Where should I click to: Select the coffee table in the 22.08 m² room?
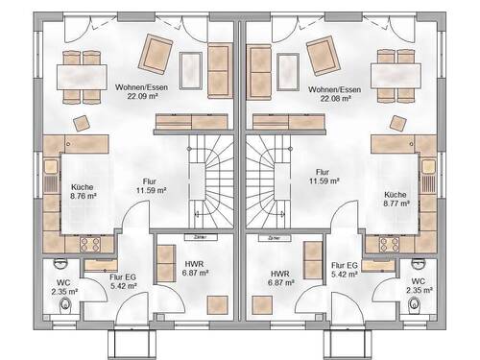click(288, 67)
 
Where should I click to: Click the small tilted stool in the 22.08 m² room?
click(398, 122)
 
